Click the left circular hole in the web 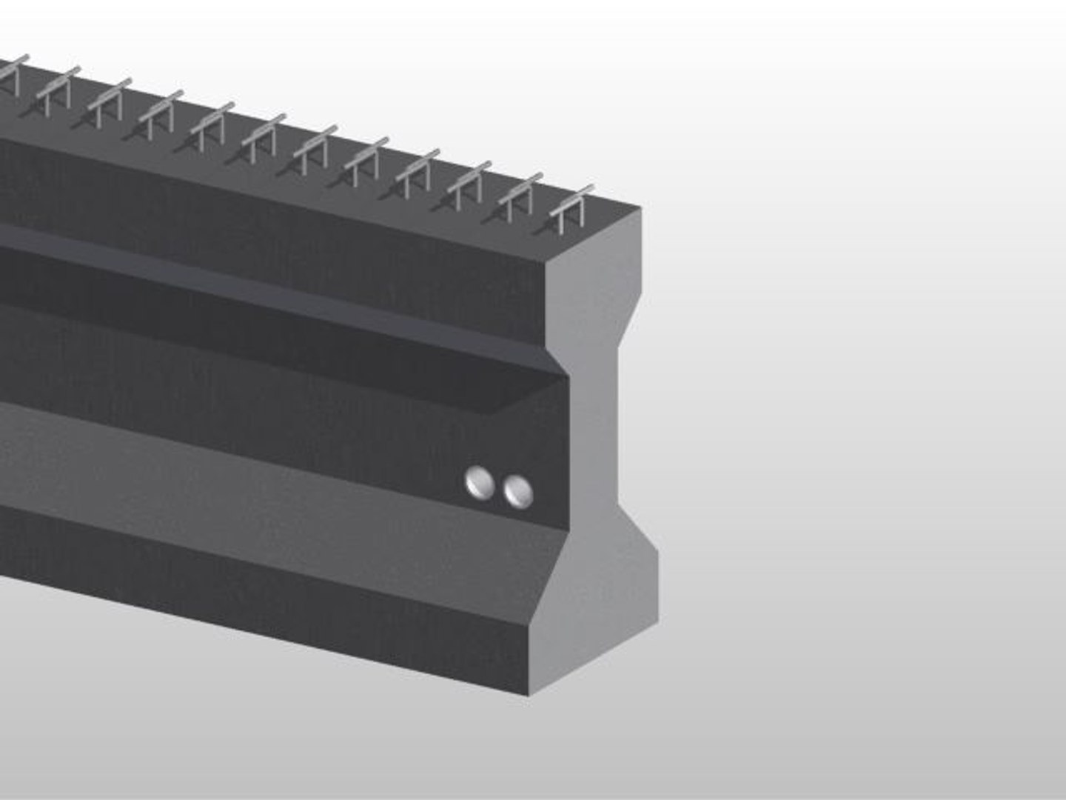click(x=480, y=483)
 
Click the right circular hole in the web click(x=517, y=491)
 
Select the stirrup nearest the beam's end click(x=571, y=204)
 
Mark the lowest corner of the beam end click(x=529, y=695)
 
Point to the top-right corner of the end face click(x=641, y=210)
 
